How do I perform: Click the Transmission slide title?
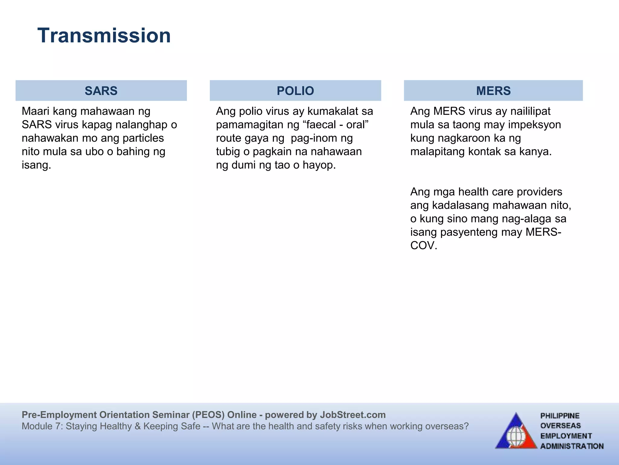(104, 35)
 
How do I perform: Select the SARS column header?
(101, 91)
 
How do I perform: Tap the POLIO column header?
(295, 91)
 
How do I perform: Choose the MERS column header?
(493, 91)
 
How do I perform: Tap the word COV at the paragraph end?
(423, 246)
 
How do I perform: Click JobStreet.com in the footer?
(353, 415)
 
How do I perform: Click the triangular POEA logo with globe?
(516, 432)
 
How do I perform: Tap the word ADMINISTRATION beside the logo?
(572, 446)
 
